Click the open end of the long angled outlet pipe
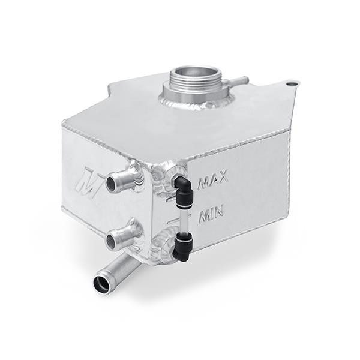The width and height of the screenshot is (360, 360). click(100, 282)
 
